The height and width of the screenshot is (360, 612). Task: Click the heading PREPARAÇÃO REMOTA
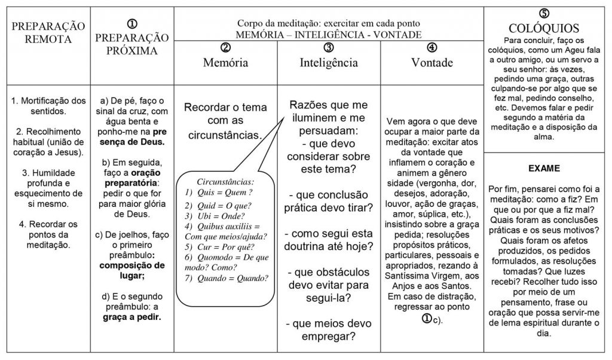pyautogui.click(x=46, y=33)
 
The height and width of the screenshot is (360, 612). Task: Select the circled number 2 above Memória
pyautogui.click(x=225, y=48)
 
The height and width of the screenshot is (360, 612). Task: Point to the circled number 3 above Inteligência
pyautogui.click(x=328, y=48)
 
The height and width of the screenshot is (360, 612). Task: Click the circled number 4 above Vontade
pyautogui.click(x=432, y=48)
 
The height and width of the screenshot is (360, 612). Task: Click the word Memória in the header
pyautogui.click(x=225, y=62)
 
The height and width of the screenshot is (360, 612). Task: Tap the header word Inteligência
pyautogui.click(x=329, y=62)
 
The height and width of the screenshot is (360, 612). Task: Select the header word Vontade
pyautogui.click(x=432, y=62)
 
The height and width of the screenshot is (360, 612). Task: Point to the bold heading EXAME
pyautogui.click(x=543, y=168)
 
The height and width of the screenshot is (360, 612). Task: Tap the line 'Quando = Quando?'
pyautogui.click(x=227, y=277)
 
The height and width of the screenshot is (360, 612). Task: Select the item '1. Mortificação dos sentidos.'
pyautogui.click(x=46, y=105)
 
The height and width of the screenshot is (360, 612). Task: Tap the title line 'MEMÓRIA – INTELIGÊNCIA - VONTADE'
pyautogui.click(x=328, y=34)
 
